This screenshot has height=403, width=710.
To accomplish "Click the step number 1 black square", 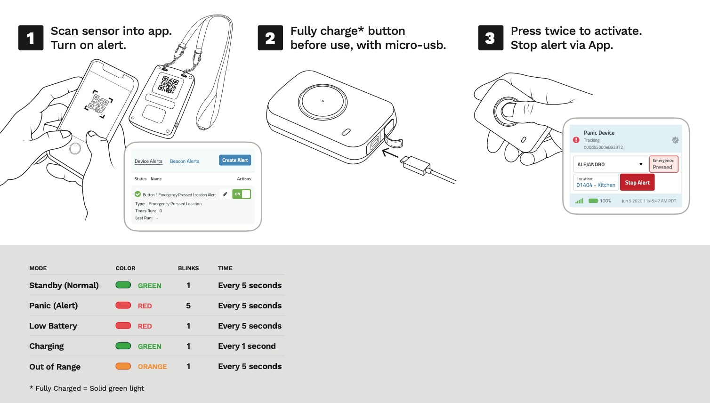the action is pyautogui.click(x=31, y=38).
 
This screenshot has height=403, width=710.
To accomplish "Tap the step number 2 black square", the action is pyautogui.click(x=270, y=38).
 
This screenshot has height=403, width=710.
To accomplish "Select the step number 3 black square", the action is pyautogui.click(x=491, y=38).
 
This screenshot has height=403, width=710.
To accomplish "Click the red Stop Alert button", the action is pyautogui.click(x=637, y=183).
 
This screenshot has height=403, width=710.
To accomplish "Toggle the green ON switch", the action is pyautogui.click(x=242, y=194).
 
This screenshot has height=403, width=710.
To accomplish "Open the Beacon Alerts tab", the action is pyautogui.click(x=185, y=161).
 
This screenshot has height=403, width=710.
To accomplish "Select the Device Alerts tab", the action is pyautogui.click(x=148, y=161).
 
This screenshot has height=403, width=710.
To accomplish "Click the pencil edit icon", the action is pyautogui.click(x=225, y=194).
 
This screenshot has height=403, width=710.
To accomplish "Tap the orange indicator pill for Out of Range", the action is pyautogui.click(x=123, y=366).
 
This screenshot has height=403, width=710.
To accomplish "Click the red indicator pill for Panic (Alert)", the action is pyautogui.click(x=123, y=306).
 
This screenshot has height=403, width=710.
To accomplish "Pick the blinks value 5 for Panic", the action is pyautogui.click(x=188, y=306).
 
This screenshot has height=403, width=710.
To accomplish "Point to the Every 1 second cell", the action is pyautogui.click(x=247, y=346).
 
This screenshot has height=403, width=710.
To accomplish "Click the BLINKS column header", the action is pyautogui.click(x=188, y=268).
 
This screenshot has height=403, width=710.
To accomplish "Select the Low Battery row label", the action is pyautogui.click(x=53, y=326).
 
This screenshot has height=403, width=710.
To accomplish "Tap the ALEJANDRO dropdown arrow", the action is pyautogui.click(x=641, y=164).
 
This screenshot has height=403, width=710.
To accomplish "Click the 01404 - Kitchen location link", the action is pyautogui.click(x=596, y=185).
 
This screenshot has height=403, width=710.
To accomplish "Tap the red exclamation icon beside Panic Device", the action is pyautogui.click(x=576, y=140).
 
